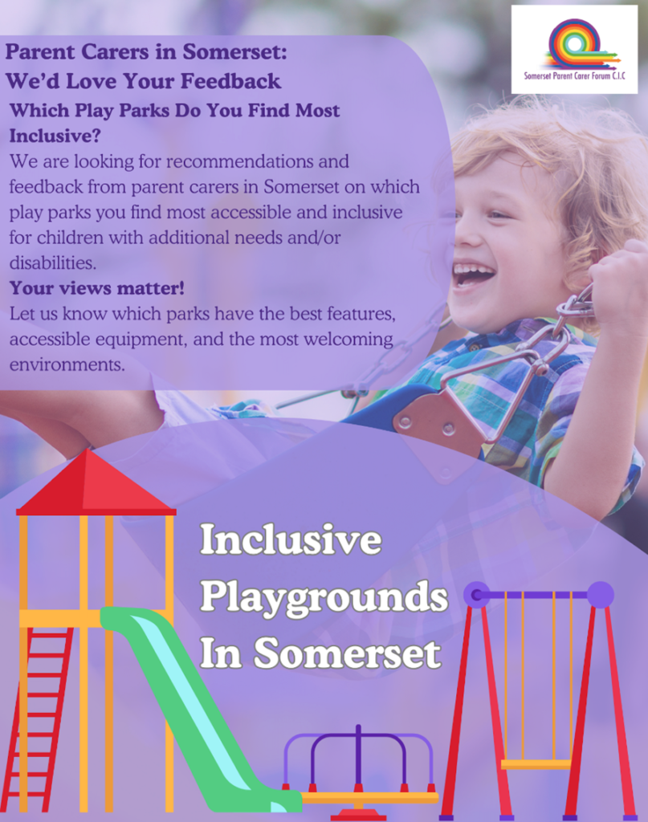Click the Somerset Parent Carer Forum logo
coord(574,50)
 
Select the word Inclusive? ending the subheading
coord(55,136)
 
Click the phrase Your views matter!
coord(97,288)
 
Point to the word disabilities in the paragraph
coord(52,262)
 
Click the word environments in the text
coord(67,364)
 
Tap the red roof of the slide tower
coord(96,482)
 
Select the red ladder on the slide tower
coord(39,718)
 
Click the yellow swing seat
coord(536,764)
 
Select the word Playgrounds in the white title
coord(324,597)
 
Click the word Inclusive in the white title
coord(291,539)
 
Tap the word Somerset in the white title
coord(347,653)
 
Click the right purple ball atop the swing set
coord(601,595)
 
